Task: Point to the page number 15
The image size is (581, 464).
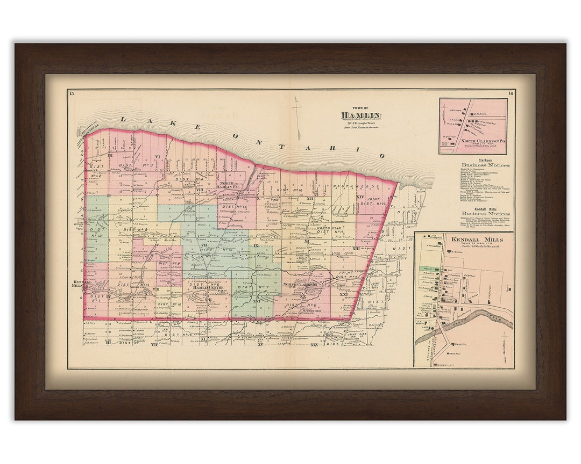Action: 71,94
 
